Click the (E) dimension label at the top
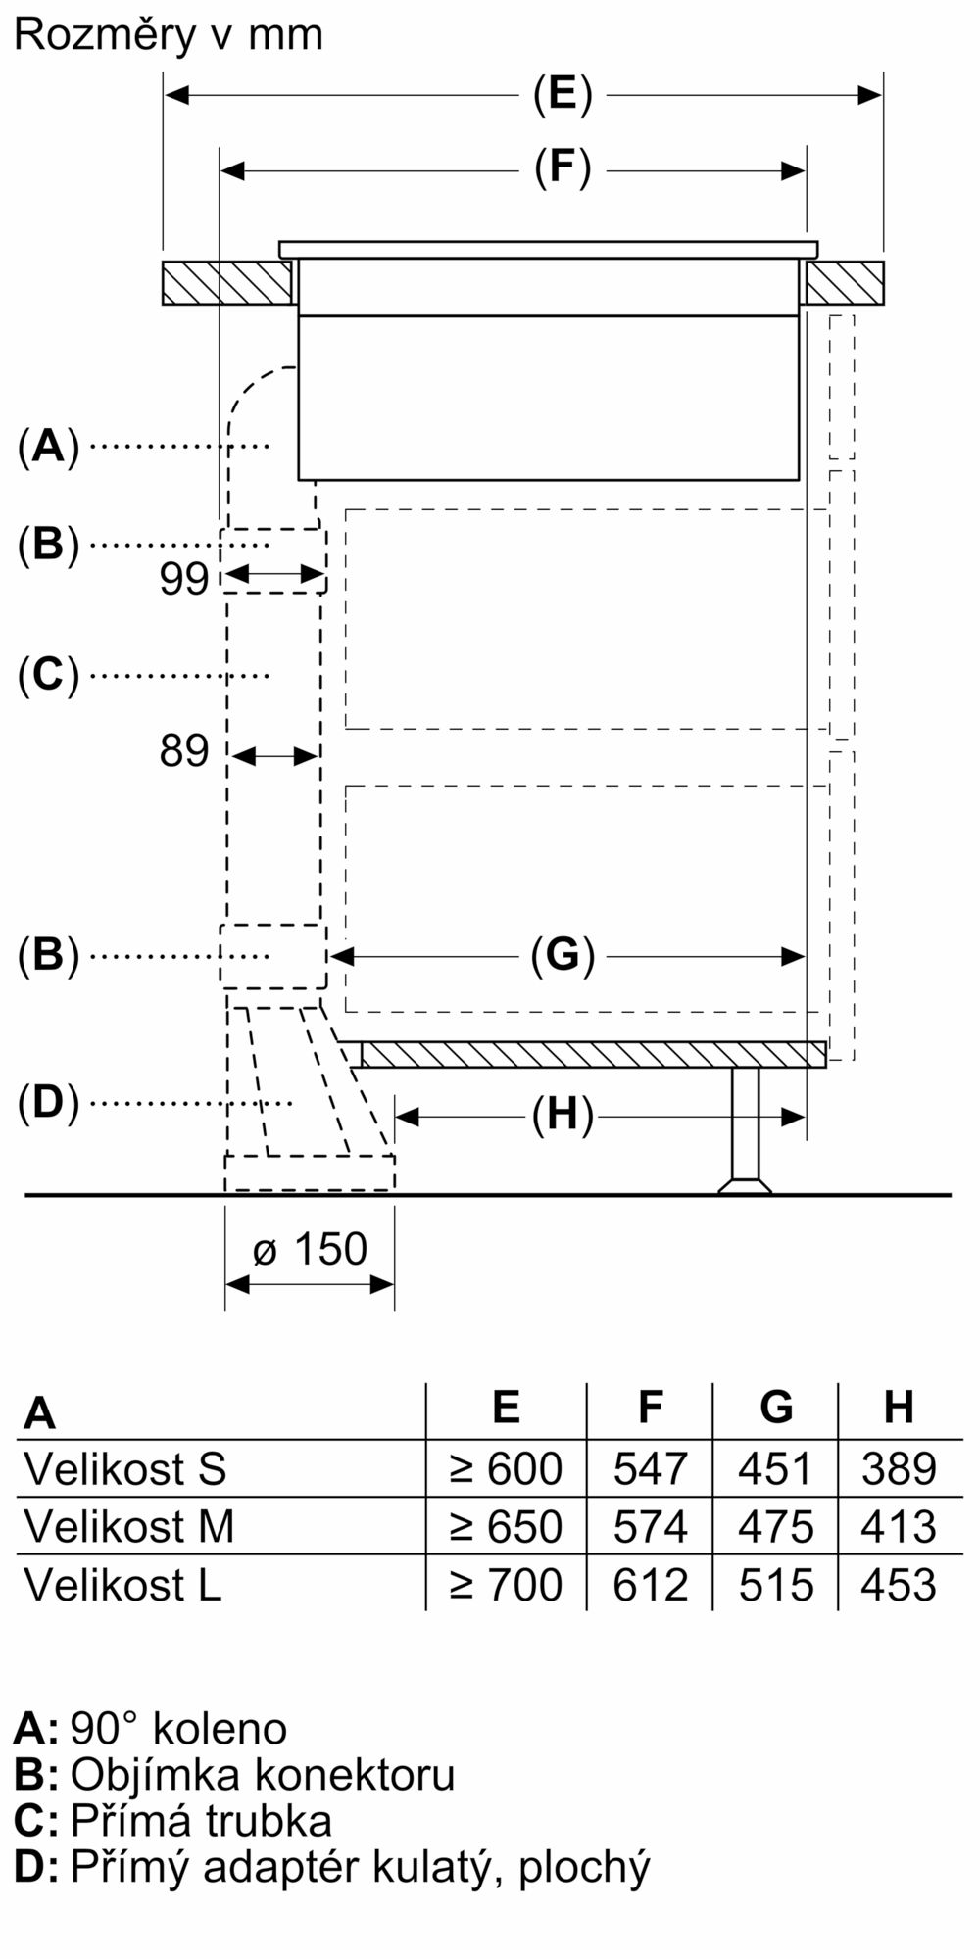click(x=563, y=95)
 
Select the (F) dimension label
click(x=563, y=168)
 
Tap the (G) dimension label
click(x=563, y=955)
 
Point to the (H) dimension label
click(x=563, y=1116)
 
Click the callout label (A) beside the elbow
click(x=48, y=448)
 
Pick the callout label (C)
click(x=48, y=675)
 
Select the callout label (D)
click(x=48, y=1104)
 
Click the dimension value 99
click(x=184, y=579)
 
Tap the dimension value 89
click(x=184, y=752)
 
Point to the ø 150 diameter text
click(x=310, y=1250)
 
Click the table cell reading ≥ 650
click(x=506, y=1527)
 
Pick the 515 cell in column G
click(x=776, y=1585)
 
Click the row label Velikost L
click(x=122, y=1585)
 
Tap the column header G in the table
click(x=776, y=1408)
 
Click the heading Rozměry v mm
click(x=168, y=35)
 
